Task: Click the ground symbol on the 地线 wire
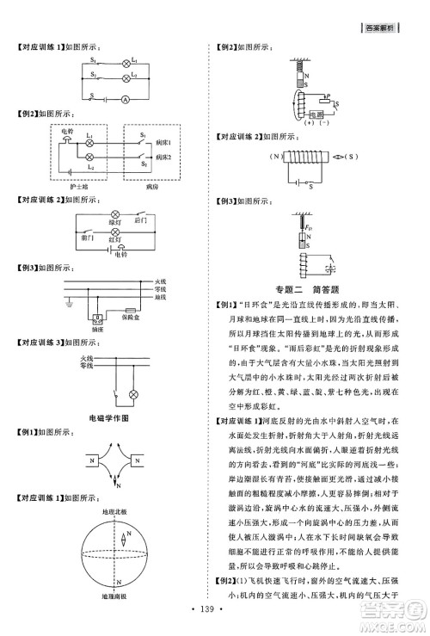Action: pos(68,303)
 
